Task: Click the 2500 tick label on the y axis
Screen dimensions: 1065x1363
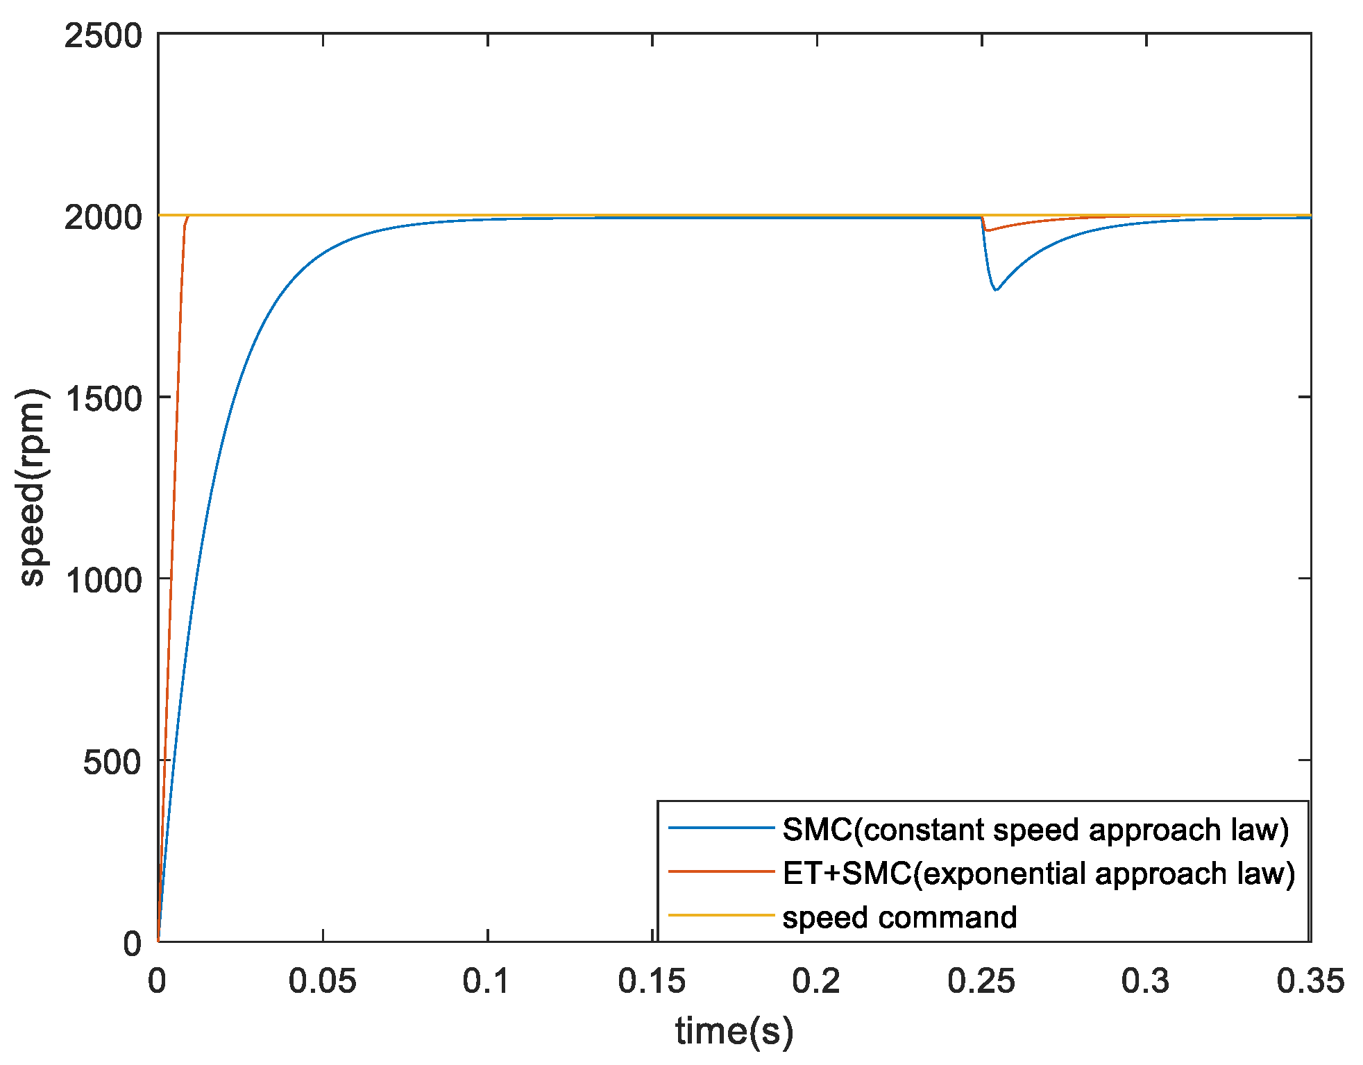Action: [x=103, y=36]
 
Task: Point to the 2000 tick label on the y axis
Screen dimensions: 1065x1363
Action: [x=103, y=218]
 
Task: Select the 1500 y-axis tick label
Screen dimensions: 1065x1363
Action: [x=103, y=399]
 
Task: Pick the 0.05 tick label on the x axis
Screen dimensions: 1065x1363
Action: [x=322, y=981]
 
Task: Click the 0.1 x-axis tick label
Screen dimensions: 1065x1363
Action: [x=487, y=981]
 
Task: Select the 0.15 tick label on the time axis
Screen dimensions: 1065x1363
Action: [x=652, y=981]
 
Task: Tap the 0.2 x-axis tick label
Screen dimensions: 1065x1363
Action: [x=816, y=981]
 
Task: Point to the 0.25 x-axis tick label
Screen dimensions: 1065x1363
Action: [x=981, y=981]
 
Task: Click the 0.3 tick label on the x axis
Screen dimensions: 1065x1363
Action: [x=1145, y=981]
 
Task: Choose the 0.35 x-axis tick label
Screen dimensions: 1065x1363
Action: [x=1310, y=981]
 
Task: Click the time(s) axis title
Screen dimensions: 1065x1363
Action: [x=734, y=1031]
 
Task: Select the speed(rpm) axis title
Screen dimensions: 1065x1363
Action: [x=32, y=487]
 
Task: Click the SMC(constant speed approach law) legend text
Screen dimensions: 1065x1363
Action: [x=1035, y=829]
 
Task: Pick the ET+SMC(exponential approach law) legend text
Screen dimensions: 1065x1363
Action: [x=1038, y=873]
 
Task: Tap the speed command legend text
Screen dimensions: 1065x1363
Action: [x=899, y=917]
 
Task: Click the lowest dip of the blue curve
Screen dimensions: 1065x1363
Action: [x=996, y=290]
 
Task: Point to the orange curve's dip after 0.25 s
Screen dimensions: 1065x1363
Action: [x=986, y=230]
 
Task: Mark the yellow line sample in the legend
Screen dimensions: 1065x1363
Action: [x=721, y=915]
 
